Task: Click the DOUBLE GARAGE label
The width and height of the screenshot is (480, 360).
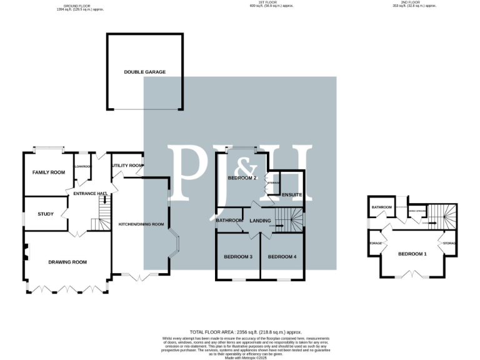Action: pos(145,72)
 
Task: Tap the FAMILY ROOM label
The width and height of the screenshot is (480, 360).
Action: pos(49,172)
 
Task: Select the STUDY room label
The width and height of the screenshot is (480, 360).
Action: pos(46,214)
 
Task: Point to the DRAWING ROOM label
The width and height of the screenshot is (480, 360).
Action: pos(67,262)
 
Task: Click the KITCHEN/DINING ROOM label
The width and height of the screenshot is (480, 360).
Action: pos(141,224)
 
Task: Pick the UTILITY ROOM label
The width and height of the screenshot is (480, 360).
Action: pos(124,166)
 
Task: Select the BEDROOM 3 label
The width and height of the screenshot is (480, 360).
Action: pos(238,257)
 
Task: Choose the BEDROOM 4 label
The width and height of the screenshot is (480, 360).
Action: pos(282,257)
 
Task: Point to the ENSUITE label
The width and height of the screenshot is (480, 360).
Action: pos(292,196)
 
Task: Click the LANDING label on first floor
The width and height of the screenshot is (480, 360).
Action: pos(260,221)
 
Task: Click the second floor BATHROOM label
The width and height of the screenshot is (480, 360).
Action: pos(382,207)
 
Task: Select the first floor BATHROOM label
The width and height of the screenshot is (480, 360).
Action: pos(229,220)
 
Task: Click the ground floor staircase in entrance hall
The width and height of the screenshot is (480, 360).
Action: pos(96,224)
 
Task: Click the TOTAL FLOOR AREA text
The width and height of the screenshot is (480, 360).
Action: pos(246,331)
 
